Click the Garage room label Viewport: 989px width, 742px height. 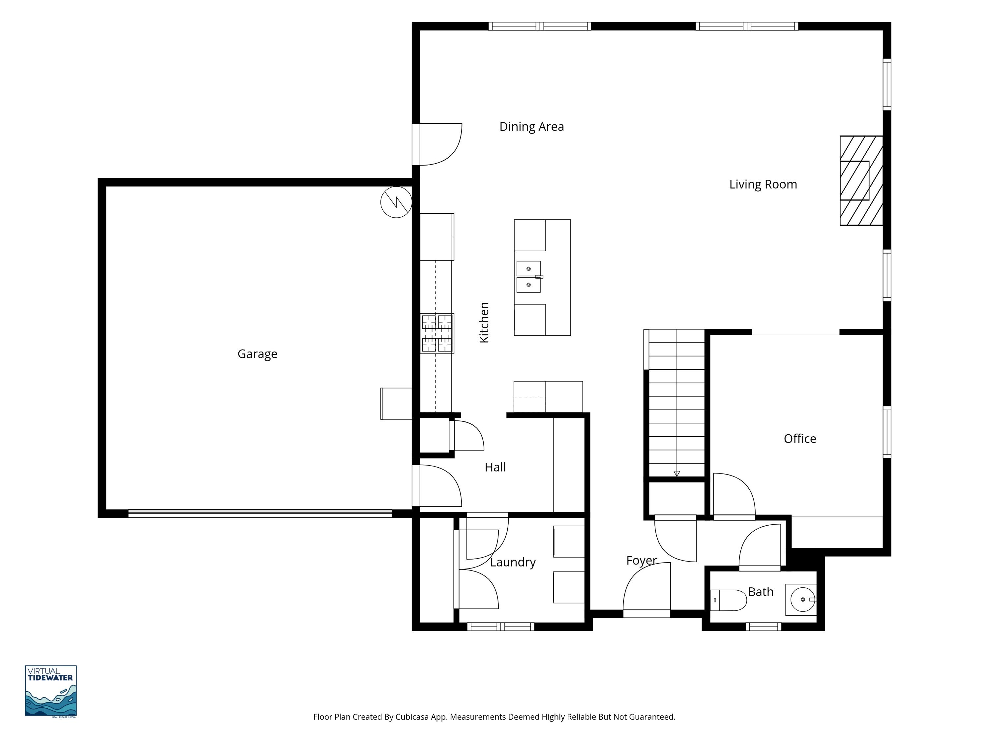pos(257,354)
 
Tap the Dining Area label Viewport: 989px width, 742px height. pos(532,127)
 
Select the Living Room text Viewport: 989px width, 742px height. pos(763,184)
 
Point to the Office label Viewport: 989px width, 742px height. pos(800,439)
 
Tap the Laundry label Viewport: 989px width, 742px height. pos(513,562)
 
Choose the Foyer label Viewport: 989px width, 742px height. pos(642,560)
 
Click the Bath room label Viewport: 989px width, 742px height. pos(761,592)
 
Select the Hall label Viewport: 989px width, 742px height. pos(495,467)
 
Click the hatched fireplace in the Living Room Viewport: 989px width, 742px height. pos(861,181)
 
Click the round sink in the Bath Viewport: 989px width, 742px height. pos(803,599)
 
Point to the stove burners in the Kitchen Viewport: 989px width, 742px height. pos(437,333)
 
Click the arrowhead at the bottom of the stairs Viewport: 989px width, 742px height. pos(677,474)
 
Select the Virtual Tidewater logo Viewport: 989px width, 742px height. pos(50,691)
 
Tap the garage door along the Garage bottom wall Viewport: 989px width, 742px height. pos(260,513)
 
